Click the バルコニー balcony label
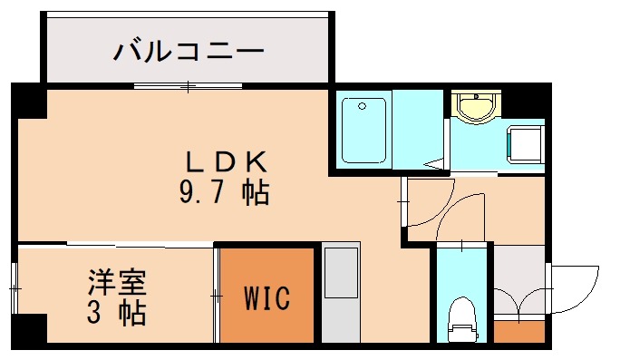click(189, 50)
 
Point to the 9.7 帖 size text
click(226, 191)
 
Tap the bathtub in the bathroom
click(364, 129)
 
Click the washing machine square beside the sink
click(525, 142)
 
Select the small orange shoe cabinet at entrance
click(519, 329)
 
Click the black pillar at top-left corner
click(28, 101)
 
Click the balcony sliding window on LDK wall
click(189, 86)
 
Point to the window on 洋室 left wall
click(15, 287)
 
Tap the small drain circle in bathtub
click(362, 107)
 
